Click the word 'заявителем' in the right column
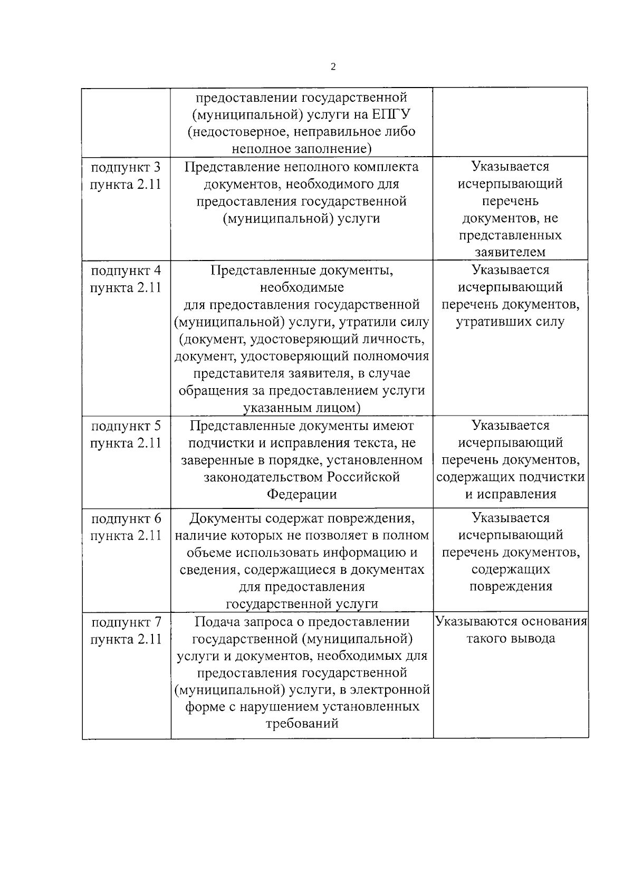[510, 252]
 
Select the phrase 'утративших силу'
[510, 322]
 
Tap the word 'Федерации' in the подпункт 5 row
[302, 495]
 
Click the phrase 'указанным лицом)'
[302, 408]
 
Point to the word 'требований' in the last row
[302, 724]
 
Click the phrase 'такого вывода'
[510, 639]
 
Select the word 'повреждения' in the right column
[510, 586]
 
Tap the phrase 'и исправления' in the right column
[510, 495]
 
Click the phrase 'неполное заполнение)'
[302, 149]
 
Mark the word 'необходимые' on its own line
[302, 288]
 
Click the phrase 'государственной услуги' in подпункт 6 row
[302, 604]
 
